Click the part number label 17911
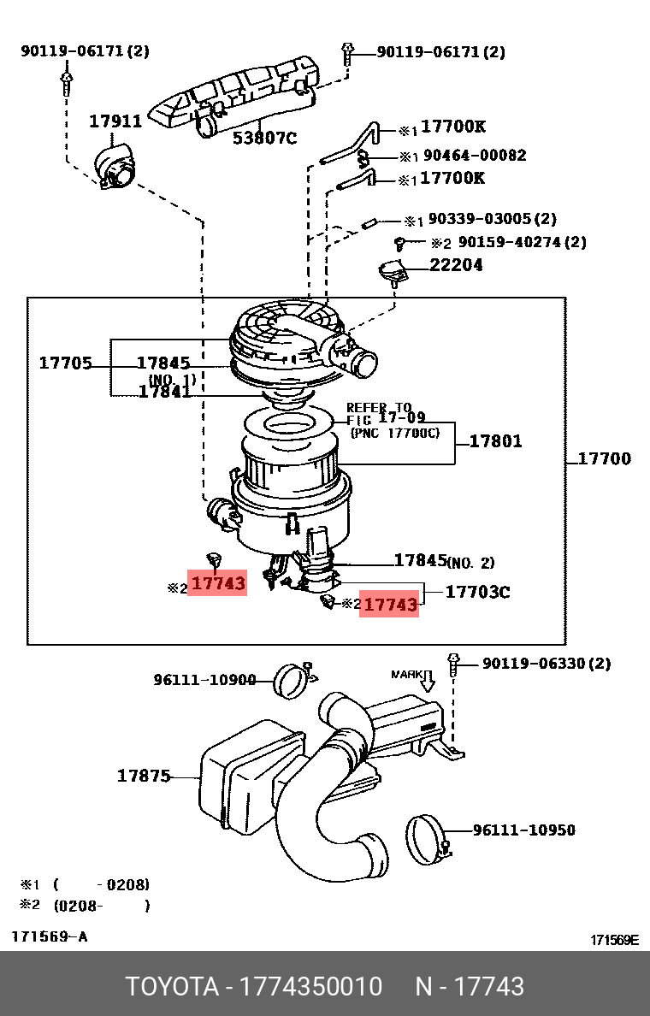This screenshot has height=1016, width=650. click(115, 121)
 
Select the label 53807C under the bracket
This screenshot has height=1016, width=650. click(264, 137)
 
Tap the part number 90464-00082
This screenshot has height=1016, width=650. click(476, 156)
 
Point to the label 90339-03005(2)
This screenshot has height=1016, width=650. click(492, 220)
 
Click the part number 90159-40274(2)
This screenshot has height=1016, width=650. click(522, 242)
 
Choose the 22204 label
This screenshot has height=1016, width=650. click(456, 265)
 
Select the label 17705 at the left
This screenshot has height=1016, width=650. click(65, 363)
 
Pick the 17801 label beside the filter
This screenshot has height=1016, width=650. click(495, 441)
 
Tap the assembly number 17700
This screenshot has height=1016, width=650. click(604, 458)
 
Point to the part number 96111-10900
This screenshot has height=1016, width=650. click(204, 680)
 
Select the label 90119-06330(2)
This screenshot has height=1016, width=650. click(547, 664)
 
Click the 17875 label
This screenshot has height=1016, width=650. click(144, 776)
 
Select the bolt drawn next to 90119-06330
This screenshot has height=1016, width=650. click(453, 664)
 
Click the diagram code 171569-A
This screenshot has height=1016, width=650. click(49, 936)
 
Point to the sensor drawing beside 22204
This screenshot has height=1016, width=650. click(394, 273)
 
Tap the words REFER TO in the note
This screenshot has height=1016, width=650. click(378, 408)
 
